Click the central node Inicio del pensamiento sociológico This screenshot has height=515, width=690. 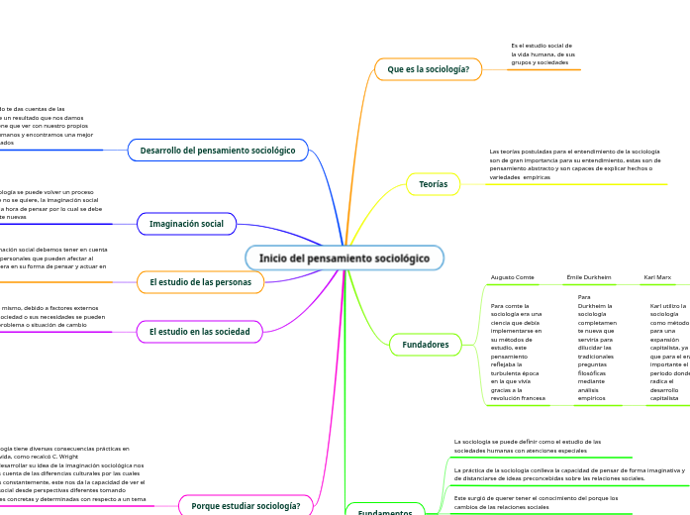point(345,258)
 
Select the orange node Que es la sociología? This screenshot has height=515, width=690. point(428,69)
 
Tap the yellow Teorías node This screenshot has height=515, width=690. point(433,184)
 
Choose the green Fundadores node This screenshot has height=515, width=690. point(426,345)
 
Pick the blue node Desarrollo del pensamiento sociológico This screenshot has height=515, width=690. point(218,151)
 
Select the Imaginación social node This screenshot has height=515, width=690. point(186,224)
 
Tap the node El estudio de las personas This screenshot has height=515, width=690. point(201,282)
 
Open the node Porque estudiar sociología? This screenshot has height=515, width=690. point(246,505)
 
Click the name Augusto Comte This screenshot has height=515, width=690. point(512,277)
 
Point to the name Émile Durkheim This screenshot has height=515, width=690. point(588,277)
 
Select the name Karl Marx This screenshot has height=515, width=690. point(657,277)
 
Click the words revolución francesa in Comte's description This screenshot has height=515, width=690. point(518,398)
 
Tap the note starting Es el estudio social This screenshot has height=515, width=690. point(542,53)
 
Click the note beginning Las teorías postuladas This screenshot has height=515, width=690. point(574,163)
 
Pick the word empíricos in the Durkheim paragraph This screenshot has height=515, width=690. point(592,398)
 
